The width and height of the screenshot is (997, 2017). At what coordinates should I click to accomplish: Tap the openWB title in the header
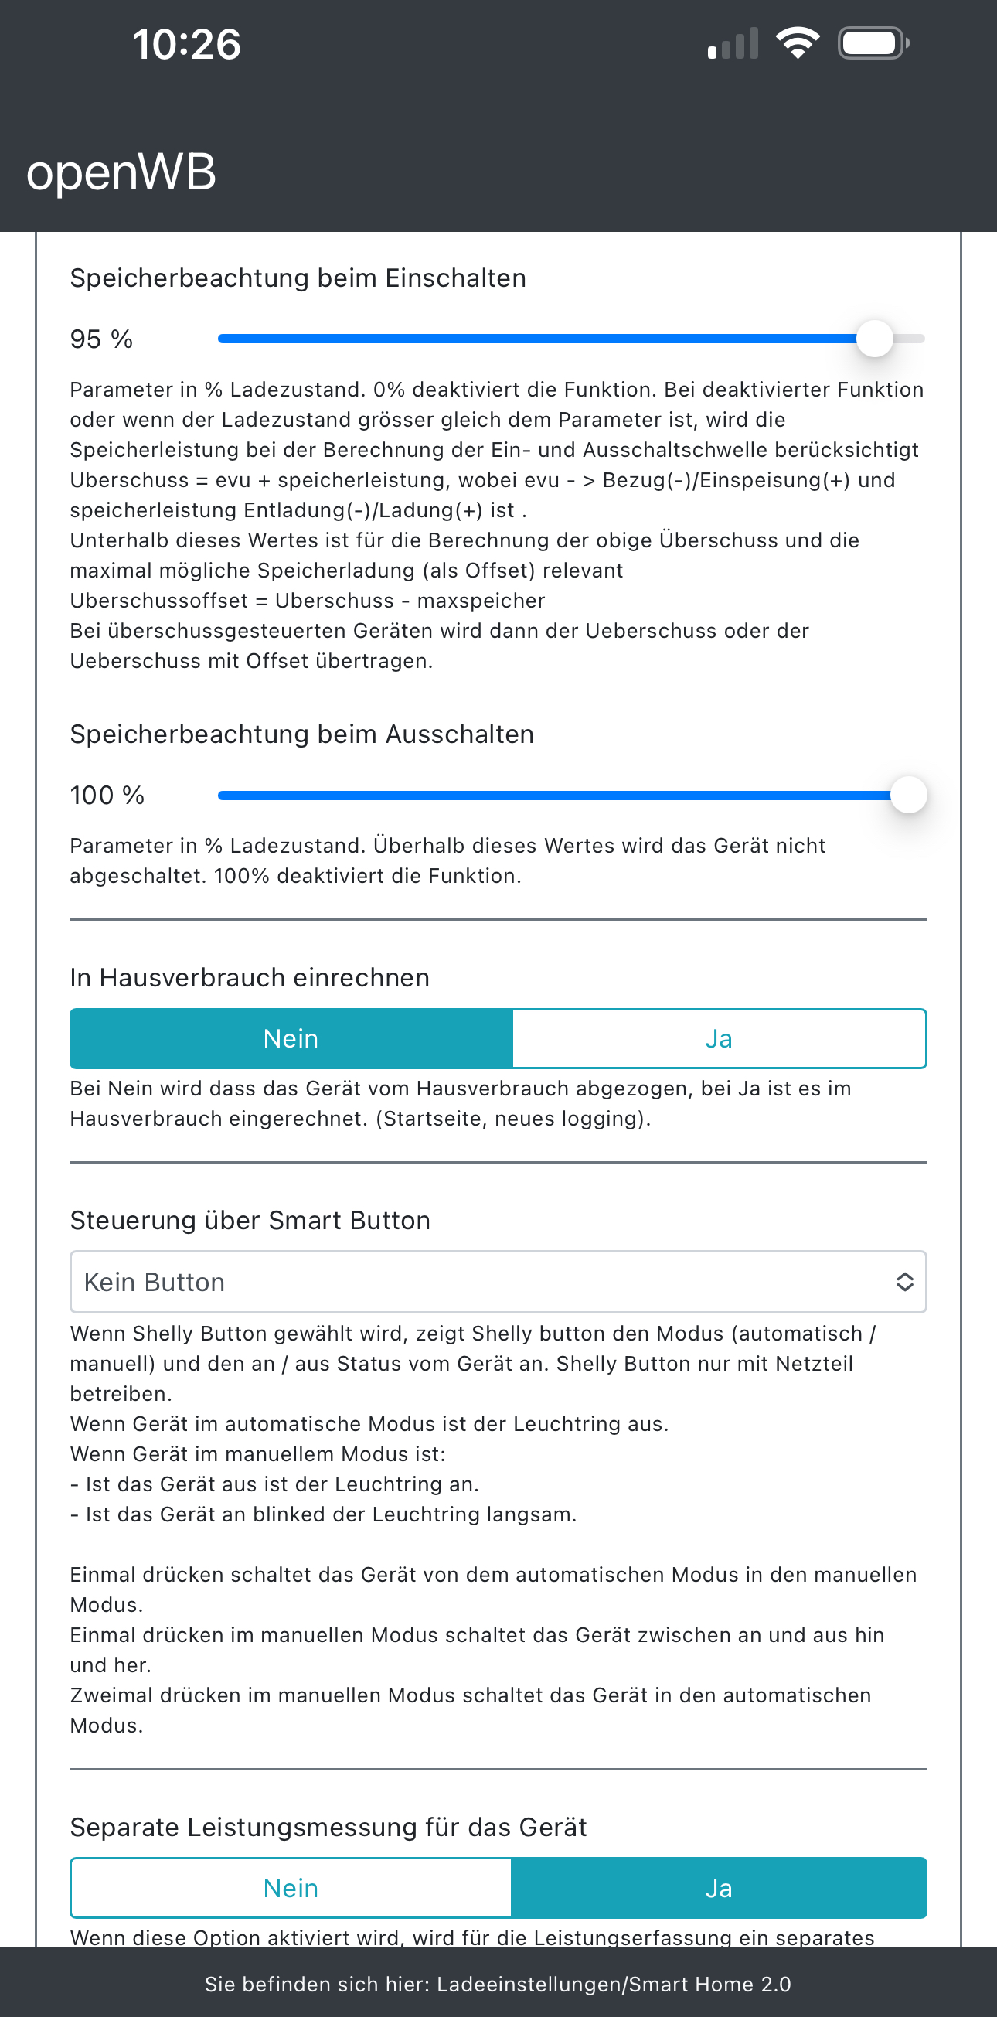121,172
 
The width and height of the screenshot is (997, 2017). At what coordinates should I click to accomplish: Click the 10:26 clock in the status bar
186,44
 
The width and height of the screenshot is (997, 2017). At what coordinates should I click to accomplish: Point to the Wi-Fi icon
797,43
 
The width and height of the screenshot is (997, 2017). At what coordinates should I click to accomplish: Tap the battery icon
873,43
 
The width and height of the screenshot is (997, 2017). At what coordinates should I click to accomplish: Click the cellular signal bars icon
733,44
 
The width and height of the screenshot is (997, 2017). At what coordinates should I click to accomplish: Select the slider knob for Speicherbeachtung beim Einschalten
874,339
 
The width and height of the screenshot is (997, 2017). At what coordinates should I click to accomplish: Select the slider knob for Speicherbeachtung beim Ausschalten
909,796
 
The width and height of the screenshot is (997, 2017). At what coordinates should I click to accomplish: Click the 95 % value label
101,339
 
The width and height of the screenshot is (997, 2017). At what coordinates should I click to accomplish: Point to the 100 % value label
107,796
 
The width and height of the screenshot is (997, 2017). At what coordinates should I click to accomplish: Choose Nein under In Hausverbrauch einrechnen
291,1039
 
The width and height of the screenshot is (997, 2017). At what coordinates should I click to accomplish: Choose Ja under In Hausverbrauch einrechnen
719,1039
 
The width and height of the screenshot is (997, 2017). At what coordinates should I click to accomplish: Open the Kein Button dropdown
485,1282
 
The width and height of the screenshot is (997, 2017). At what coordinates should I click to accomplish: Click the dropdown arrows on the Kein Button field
905,1282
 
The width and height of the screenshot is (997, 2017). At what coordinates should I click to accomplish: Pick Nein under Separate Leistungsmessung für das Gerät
291,1889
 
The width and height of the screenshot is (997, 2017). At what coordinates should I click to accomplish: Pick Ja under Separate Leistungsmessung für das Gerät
719,1889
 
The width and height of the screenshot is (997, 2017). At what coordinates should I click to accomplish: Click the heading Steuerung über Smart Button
250,1221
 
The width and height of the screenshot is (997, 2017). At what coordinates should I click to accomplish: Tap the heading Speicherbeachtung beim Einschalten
298,278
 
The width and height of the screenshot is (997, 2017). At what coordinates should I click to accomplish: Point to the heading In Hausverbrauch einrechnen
250,978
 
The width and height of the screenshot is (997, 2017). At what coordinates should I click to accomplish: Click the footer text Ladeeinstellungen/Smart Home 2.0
614,1984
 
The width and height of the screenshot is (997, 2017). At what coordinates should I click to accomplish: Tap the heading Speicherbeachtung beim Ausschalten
302,734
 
